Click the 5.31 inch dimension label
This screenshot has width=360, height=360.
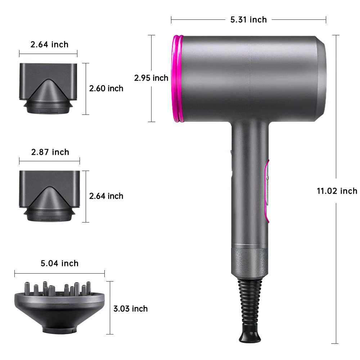[248, 19]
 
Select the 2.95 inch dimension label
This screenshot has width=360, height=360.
[151, 78]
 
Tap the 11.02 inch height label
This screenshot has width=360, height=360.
[337, 191]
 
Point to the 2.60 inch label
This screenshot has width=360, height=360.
[106, 89]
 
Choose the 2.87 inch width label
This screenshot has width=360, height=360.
[50, 152]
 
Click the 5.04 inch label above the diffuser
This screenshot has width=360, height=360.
[59, 264]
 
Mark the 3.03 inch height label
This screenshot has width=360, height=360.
[130, 309]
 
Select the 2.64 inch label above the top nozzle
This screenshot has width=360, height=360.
[49, 45]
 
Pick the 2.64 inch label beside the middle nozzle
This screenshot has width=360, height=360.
[106, 196]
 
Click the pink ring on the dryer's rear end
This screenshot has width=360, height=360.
[177, 79]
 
